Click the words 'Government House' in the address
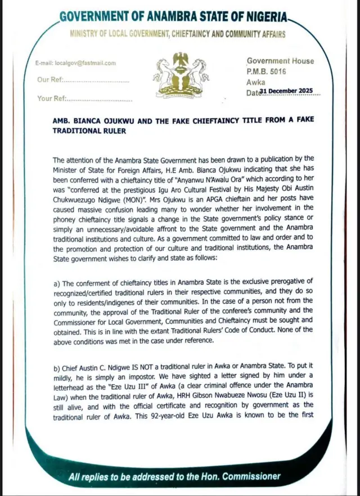[x=280, y=61]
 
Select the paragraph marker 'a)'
[x=58, y=281]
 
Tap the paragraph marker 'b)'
[x=58, y=367]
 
